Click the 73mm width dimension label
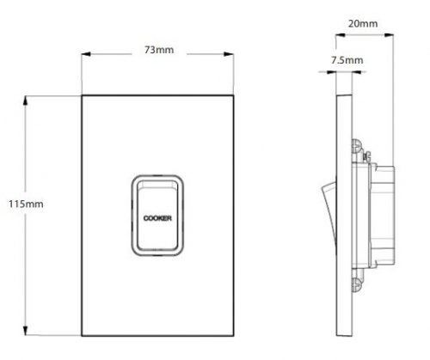[159, 50]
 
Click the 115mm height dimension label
[26, 204]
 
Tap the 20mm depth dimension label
[363, 23]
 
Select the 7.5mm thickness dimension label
[347, 60]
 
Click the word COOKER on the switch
[157, 218]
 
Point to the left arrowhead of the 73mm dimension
[86, 54]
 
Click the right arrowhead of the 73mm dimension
[229, 54]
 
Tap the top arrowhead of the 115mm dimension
[26, 101]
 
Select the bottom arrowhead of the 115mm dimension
[26, 330]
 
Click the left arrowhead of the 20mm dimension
[341, 35]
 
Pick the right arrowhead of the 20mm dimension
[389, 35]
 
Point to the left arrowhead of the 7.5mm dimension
[331, 71]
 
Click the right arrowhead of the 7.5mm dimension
[357, 71]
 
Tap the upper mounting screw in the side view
[356, 146]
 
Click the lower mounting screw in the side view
[356, 285]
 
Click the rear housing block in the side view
[382, 215]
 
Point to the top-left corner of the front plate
[82, 95]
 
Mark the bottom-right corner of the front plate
[233, 335]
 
